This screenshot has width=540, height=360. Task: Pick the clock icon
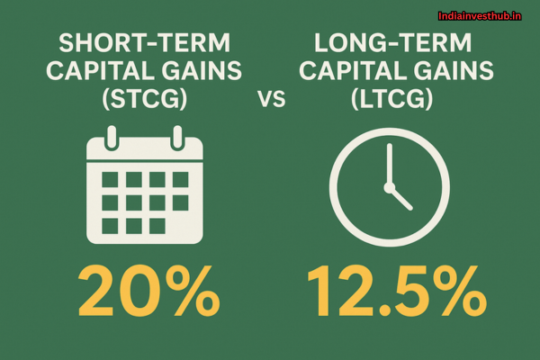point(391,190)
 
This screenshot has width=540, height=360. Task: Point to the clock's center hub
point(391,189)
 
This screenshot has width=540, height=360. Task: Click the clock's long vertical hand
point(391,164)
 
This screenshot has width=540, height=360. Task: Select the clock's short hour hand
point(400,198)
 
